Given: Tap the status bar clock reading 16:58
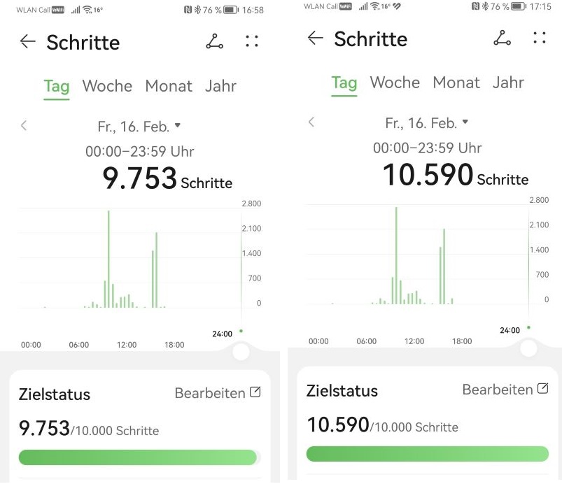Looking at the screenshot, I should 253,10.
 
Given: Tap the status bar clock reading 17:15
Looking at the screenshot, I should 540,6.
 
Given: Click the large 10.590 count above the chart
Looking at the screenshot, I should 428,175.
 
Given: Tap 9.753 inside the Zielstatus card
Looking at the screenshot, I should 44,428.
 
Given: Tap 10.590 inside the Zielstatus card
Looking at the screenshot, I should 337,424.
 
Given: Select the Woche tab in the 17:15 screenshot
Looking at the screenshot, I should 395,83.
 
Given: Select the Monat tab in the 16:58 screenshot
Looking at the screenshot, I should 169,86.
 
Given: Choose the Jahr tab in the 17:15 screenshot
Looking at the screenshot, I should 508,83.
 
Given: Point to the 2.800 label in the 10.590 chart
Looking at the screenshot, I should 539,200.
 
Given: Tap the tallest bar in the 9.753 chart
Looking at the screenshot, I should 108,259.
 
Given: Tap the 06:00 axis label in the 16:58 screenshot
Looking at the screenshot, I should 79,345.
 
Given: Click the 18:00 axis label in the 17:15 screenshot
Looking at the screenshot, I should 462,341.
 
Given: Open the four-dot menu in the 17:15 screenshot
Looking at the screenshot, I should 539,38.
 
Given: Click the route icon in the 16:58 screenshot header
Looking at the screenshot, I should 214,42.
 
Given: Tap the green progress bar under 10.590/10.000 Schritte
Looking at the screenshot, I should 427,453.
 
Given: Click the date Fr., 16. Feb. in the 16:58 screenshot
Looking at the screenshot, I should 134,127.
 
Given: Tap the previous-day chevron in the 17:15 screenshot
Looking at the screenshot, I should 311,122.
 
